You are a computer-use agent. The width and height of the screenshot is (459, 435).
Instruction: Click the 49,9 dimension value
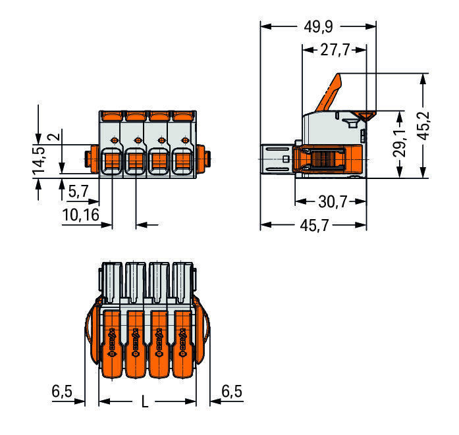tap(319, 27)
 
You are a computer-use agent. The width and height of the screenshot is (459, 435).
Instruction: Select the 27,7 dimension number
tap(335, 50)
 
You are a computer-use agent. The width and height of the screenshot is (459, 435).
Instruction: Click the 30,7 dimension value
tap(333, 202)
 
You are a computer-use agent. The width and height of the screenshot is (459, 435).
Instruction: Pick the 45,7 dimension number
tap(314, 226)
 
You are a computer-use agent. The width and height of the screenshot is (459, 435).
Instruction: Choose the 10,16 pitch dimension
tap(81, 215)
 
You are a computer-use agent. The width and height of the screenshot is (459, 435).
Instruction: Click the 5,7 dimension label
tap(78, 192)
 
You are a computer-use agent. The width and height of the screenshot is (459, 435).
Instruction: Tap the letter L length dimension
tap(145, 401)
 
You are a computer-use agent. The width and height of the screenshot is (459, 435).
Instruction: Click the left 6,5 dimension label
tap(62, 391)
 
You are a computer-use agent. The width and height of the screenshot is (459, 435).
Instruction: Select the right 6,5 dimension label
tap(232, 391)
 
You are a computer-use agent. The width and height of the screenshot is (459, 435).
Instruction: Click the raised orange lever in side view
tap(329, 93)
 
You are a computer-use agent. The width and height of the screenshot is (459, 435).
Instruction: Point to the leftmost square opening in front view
tap(112, 161)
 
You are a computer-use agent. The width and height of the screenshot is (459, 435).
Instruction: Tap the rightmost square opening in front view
tap(182, 161)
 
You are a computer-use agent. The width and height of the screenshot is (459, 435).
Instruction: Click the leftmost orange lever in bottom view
tap(111, 344)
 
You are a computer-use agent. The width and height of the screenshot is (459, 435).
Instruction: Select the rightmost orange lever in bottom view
tap(183, 344)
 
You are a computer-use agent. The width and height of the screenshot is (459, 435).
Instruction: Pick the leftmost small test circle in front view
tap(114, 140)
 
